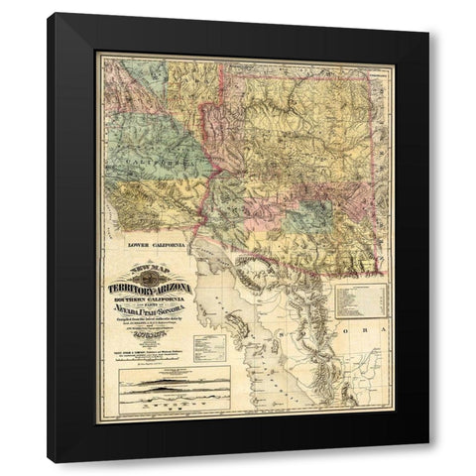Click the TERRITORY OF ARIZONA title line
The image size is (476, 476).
149,287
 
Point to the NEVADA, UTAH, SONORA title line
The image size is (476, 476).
150,308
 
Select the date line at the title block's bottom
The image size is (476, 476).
149,335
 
